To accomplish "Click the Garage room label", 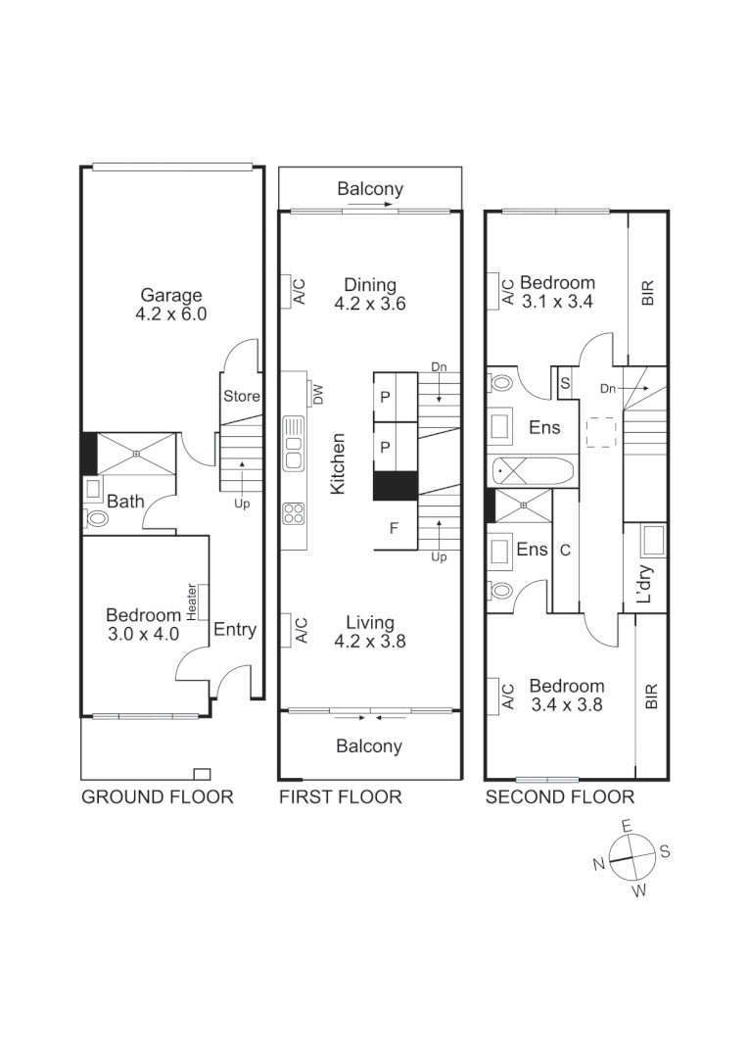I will (x=171, y=304).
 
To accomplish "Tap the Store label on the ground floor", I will (x=242, y=397).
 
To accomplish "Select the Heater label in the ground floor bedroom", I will (x=192, y=601).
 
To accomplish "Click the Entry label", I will (x=235, y=630).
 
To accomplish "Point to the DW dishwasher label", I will (x=318, y=394).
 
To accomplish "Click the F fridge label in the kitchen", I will (x=395, y=529).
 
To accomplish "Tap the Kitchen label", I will (x=338, y=463).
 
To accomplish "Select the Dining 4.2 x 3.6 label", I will (x=370, y=294).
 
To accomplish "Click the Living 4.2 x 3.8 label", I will (x=370, y=632).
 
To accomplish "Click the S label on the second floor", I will (x=566, y=383).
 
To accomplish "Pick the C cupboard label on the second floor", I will (x=565, y=551).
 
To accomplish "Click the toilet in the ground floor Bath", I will (x=97, y=517).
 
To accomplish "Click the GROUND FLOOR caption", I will (x=157, y=796).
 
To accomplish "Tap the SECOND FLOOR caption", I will (x=560, y=796).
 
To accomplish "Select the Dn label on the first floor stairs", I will (x=439, y=367).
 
